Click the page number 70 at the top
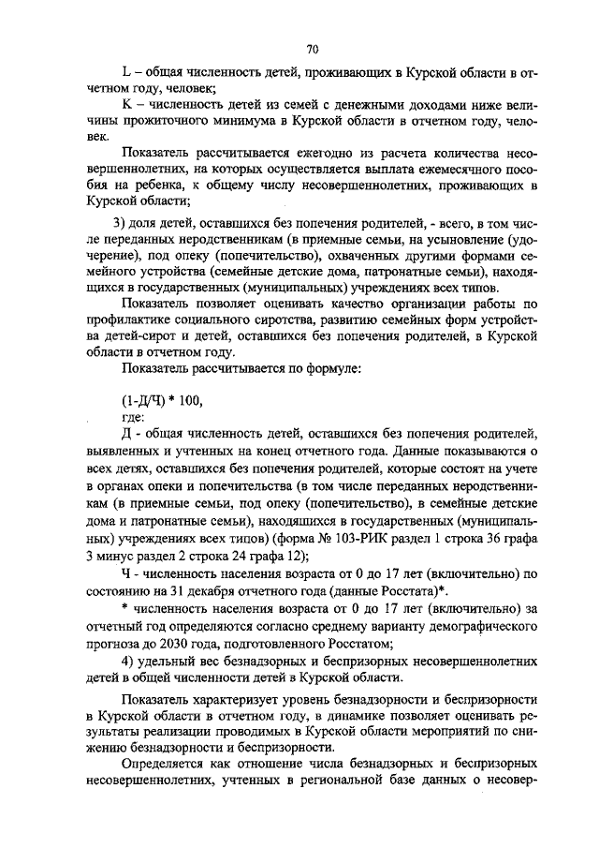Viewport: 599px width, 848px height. pos(313,50)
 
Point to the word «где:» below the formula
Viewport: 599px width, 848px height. pos(134,416)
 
